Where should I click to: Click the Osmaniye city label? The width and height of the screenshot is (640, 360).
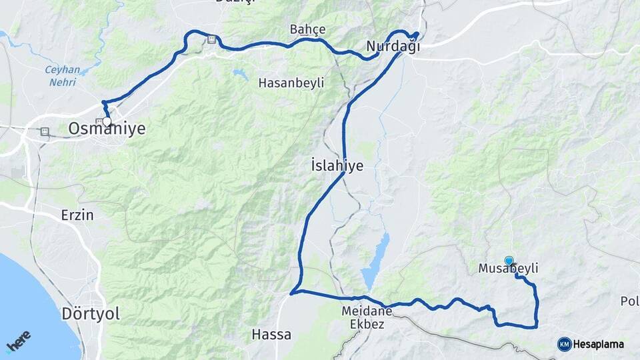point(107,129)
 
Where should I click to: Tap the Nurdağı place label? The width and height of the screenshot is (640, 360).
point(393,46)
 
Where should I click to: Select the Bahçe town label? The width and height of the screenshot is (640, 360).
point(308,29)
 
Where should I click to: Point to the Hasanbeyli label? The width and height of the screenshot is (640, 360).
point(291,83)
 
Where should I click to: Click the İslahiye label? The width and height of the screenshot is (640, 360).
point(337,165)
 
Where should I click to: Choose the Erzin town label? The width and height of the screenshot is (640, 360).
point(77,215)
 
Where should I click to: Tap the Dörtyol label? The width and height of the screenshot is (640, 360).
point(91,313)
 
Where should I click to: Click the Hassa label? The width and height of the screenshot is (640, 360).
point(271,334)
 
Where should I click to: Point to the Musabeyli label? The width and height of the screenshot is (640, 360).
point(508,269)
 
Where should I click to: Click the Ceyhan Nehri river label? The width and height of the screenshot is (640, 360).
point(62,76)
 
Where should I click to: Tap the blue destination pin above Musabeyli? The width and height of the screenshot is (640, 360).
point(509,261)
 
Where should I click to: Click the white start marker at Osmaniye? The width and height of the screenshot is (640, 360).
point(107,121)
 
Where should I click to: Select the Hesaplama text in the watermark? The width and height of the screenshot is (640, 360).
point(598,345)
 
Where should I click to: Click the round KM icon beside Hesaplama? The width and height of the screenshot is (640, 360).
point(564,344)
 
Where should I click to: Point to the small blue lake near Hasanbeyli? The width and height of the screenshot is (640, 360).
point(239,73)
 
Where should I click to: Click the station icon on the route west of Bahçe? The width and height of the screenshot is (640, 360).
point(211,39)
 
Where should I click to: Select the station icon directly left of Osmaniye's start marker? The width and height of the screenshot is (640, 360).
point(99,121)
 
